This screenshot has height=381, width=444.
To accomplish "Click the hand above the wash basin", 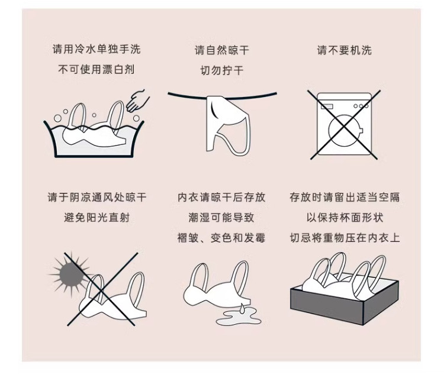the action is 137,101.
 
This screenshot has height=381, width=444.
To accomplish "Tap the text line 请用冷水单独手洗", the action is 96,49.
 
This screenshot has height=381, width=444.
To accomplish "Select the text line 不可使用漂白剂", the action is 96,69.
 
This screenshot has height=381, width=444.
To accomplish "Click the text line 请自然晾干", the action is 222,50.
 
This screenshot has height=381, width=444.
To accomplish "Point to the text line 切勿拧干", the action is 222,70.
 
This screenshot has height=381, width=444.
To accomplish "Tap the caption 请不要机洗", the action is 344,50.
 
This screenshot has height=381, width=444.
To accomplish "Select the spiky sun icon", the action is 71,274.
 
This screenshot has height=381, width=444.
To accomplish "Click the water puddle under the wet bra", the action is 239,317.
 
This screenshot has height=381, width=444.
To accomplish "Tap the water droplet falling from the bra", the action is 242,308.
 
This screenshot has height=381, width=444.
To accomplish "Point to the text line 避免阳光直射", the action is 96,217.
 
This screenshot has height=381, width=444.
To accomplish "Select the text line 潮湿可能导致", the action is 221,217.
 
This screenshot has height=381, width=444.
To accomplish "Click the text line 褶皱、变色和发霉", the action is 221,237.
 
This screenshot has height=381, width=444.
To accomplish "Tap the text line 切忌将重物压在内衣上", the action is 345,237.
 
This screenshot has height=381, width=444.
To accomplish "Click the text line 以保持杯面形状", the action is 345,217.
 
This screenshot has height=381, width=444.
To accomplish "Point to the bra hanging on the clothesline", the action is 229,125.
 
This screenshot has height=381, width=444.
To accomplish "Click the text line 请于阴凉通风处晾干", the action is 97,197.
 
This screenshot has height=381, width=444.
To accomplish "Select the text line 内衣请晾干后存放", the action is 221,197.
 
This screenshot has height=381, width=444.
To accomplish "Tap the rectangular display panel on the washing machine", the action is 326,106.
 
